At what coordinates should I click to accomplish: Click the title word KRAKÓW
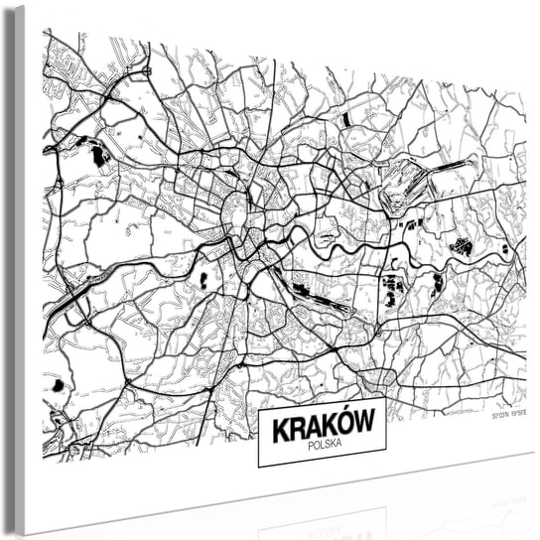[322, 424]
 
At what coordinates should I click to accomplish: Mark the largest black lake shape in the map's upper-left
[99, 155]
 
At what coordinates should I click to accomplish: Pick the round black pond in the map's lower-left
[58, 385]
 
